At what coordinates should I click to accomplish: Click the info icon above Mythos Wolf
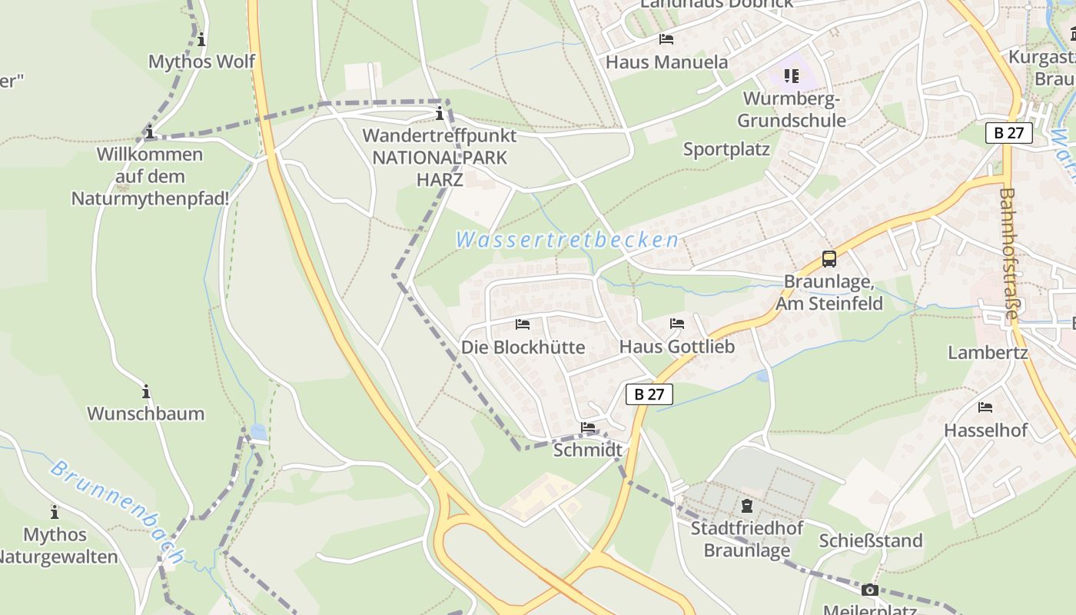[201, 39]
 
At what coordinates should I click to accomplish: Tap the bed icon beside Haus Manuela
[666, 39]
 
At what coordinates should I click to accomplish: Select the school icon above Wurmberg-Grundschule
[792, 75]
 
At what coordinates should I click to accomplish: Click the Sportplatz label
[726, 149]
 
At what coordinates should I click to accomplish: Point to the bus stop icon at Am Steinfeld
[829, 259]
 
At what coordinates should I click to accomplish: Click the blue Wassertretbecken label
[567, 240]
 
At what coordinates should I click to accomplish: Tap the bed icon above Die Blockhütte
[523, 324]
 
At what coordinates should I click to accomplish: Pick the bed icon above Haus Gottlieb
[676, 324]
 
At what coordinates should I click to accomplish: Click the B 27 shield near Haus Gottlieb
[649, 394]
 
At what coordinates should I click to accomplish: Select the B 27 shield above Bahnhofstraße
[1008, 132]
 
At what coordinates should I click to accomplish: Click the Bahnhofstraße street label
[1008, 254]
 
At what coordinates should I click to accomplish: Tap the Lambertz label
[988, 353]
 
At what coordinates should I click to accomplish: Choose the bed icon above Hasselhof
[985, 407]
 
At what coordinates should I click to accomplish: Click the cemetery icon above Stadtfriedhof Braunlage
[746, 506]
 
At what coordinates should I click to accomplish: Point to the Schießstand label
[870, 540]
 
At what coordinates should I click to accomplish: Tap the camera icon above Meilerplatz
[869, 590]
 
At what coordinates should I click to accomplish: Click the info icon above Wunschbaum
[146, 391]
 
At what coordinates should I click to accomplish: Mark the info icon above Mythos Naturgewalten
[55, 512]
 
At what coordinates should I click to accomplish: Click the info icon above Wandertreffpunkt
[440, 115]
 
